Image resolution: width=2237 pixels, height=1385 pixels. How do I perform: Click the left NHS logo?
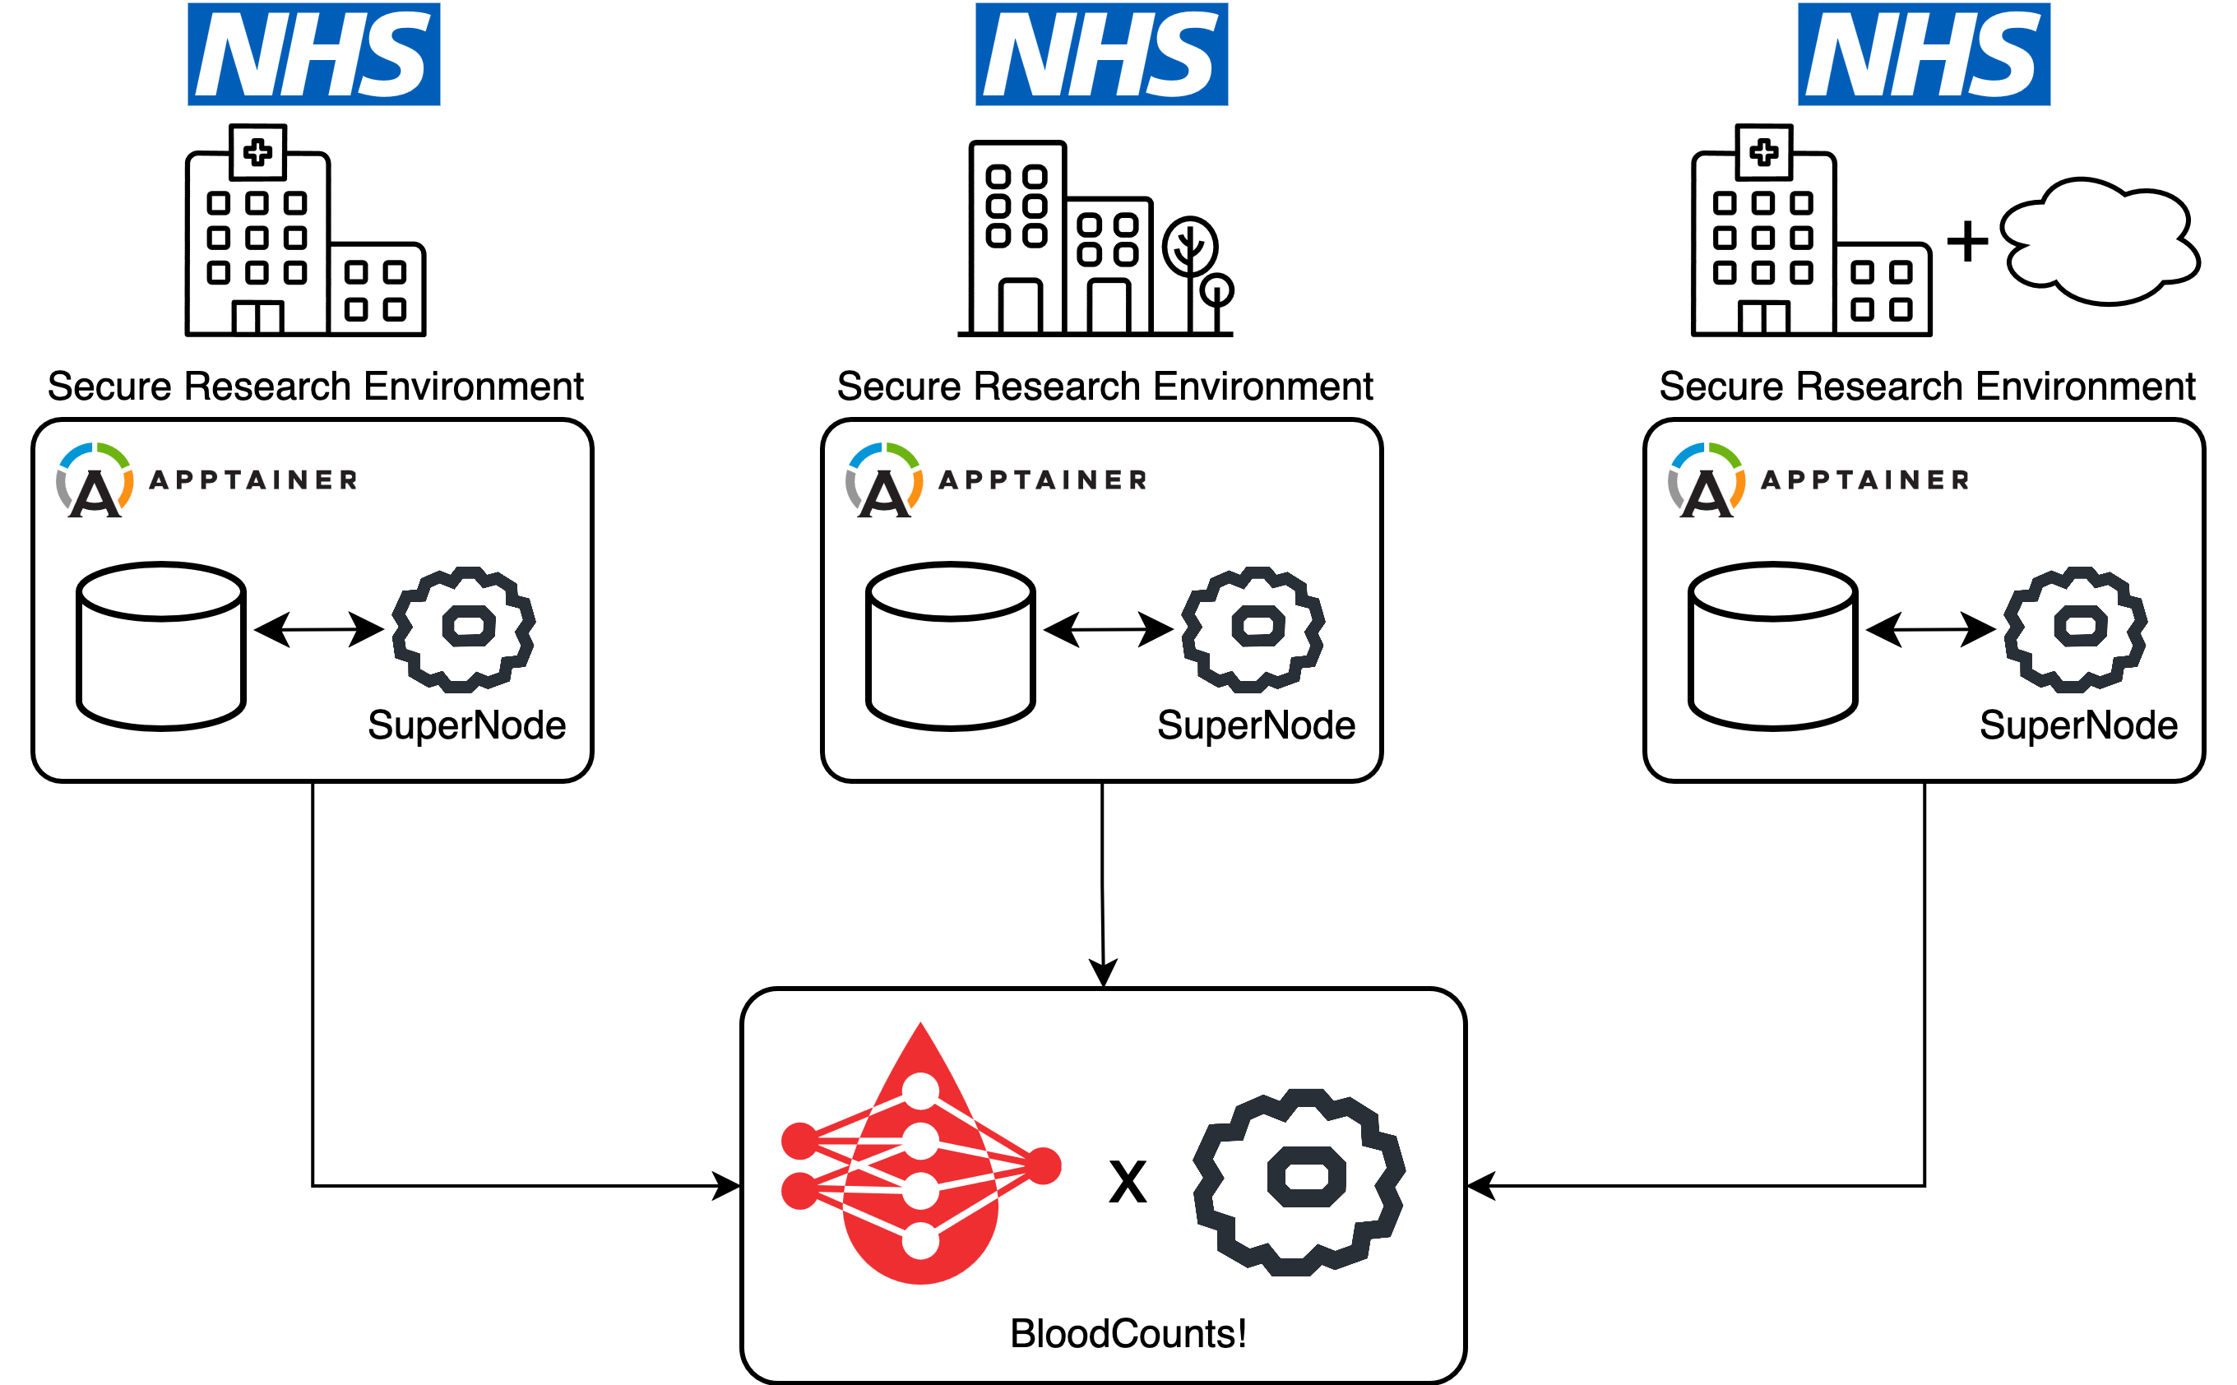click(x=313, y=54)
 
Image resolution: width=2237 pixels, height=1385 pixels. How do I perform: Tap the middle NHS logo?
click(x=1101, y=54)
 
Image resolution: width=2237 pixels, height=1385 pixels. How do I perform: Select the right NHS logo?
click(x=1924, y=54)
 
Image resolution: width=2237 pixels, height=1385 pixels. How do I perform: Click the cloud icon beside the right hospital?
click(x=2099, y=242)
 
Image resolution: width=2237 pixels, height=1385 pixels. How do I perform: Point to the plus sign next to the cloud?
click(x=1966, y=242)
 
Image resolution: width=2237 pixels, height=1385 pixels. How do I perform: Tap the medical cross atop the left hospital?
click(x=257, y=151)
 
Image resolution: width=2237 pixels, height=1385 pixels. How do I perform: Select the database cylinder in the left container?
click(x=161, y=646)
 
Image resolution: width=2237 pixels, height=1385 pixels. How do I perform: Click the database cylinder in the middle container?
click(x=950, y=646)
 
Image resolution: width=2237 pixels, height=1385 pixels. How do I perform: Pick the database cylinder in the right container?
click(x=1772, y=646)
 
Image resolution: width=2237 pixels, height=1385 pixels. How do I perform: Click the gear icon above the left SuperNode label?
click(x=464, y=629)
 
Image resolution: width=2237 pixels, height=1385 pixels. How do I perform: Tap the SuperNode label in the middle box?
click(x=1256, y=725)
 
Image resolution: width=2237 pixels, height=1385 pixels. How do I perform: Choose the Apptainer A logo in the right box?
click(x=1706, y=481)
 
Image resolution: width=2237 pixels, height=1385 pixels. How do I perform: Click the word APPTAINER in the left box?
click(x=252, y=480)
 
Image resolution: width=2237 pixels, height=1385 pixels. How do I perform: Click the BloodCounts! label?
click(x=1128, y=1334)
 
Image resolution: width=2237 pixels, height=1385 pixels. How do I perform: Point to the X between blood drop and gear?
click(x=1128, y=1182)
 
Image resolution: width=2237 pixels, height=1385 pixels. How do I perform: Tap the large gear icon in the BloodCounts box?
click(x=1298, y=1182)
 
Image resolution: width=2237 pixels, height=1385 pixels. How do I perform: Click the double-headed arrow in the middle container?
click(x=1108, y=629)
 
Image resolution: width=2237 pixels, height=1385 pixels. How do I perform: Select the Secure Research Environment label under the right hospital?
click(x=1926, y=387)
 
